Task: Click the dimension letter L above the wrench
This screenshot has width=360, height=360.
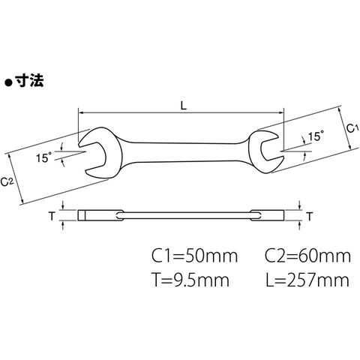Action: coord(184,106)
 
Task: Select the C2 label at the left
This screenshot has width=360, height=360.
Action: coord(7,181)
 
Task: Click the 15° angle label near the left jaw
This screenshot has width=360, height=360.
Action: coord(43,158)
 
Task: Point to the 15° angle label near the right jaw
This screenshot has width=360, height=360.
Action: coord(316,136)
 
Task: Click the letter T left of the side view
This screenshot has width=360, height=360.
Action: coord(52,216)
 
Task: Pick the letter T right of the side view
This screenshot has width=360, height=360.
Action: coord(310,217)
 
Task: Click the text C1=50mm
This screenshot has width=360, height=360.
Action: coord(195,256)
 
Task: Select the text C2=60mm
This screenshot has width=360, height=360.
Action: coord(308,256)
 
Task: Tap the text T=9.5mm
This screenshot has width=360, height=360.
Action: coord(191,280)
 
